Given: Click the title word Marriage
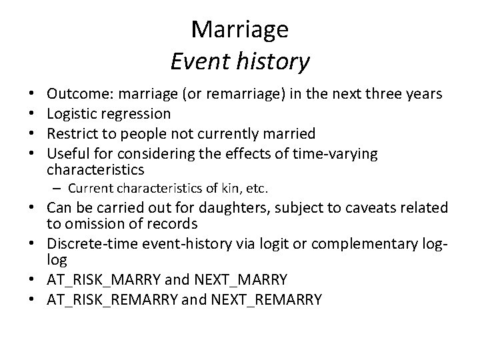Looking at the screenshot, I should pyautogui.click(x=239, y=29).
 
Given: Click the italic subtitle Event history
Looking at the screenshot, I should pyautogui.click(x=239, y=61).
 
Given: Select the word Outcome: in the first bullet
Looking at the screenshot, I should pyautogui.click(x=74, y=94).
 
